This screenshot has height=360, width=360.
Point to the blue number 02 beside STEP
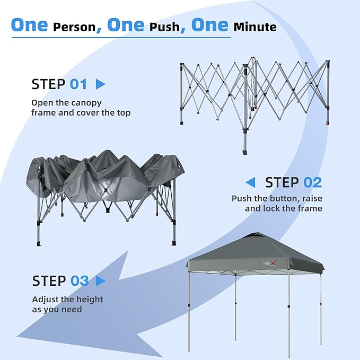[x=312, y=182]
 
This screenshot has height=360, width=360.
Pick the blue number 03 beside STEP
[x=80, y=280]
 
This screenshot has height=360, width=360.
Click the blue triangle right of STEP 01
[x=100, y=84]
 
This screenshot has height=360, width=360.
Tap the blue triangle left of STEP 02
[x=250, y=182]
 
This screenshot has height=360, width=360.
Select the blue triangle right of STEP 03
[x=101, y=280]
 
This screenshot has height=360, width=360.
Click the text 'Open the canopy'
[x=66, y=102]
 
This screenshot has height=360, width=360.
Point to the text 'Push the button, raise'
[x=277, y=198]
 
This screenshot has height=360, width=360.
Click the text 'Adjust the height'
[x=67, y=299]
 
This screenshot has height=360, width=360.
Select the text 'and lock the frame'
[x=283, y=208]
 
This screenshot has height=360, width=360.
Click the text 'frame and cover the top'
[x=81, y=112]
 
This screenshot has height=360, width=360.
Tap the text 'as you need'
[x=57, y=309]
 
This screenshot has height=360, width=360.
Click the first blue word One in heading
[x=30, y=25]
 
